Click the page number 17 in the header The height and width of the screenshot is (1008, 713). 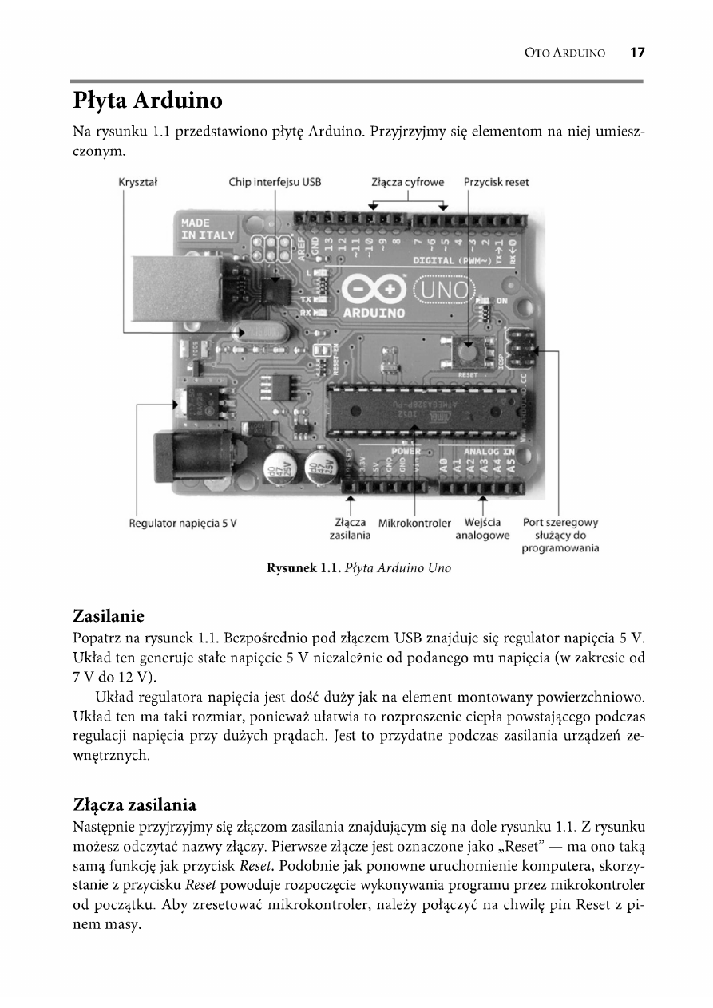pos(636,53)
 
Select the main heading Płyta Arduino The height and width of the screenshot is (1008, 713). pos(147,102)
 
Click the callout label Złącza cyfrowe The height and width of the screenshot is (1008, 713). pos(408,182)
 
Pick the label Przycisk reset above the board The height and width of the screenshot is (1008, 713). pos(497,182)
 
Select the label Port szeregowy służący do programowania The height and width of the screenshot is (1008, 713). pos(560,536)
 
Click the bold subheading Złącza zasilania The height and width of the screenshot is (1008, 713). pos(134,802)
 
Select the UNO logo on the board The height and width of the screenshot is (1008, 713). pos(442,288)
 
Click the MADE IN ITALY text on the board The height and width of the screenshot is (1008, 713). pos(207,229)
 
